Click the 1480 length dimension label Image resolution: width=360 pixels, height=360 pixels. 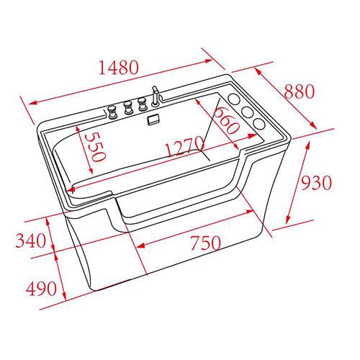click(x=119, y=67)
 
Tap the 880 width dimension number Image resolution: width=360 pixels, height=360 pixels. click(x=299, y=91)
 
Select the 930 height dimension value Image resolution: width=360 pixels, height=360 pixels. click(x=316, y=183)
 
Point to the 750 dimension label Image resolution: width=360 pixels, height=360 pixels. click(x=205, y=243)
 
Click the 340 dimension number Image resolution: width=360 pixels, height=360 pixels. click(x=30, y=240)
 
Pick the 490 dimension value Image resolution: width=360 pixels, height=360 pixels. click(x=41, y=288)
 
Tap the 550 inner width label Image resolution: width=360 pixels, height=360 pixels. click(x=96, y=147)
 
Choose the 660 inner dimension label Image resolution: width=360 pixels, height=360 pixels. click(x=226, y=121)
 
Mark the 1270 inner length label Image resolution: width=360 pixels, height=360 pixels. click(x=185, y=146)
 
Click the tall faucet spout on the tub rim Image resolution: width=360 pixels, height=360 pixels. click(x=156, y=96)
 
